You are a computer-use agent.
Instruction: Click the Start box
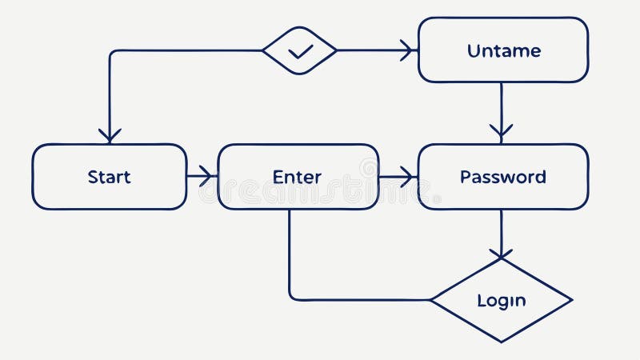coord(110,177)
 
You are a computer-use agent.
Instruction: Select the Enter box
coord(298,177)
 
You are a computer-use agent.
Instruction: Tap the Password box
coord(502,177)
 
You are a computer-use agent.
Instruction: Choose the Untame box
coord(503,50)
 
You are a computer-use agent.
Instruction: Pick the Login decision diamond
coord(502,301)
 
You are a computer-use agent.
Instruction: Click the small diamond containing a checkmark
coord(300,50)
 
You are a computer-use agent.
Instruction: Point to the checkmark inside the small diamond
coord(300,51)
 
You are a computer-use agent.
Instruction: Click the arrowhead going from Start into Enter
coord(209,176)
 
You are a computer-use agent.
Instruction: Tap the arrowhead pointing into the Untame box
coord(409,50)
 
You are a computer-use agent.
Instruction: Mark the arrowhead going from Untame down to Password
coord(502,131)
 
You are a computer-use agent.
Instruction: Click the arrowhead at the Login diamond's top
coord(502,254)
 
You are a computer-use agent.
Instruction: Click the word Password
coord(502,177)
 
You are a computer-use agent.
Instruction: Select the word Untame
coord(503,50)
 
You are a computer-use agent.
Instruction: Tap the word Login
coord(502,301)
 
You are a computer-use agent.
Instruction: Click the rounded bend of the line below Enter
coord(292,297)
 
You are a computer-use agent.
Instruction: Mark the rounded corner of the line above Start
coord(113,54)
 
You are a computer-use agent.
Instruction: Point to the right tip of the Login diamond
coord(571,301)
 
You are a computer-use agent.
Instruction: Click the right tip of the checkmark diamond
coord(335,50)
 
